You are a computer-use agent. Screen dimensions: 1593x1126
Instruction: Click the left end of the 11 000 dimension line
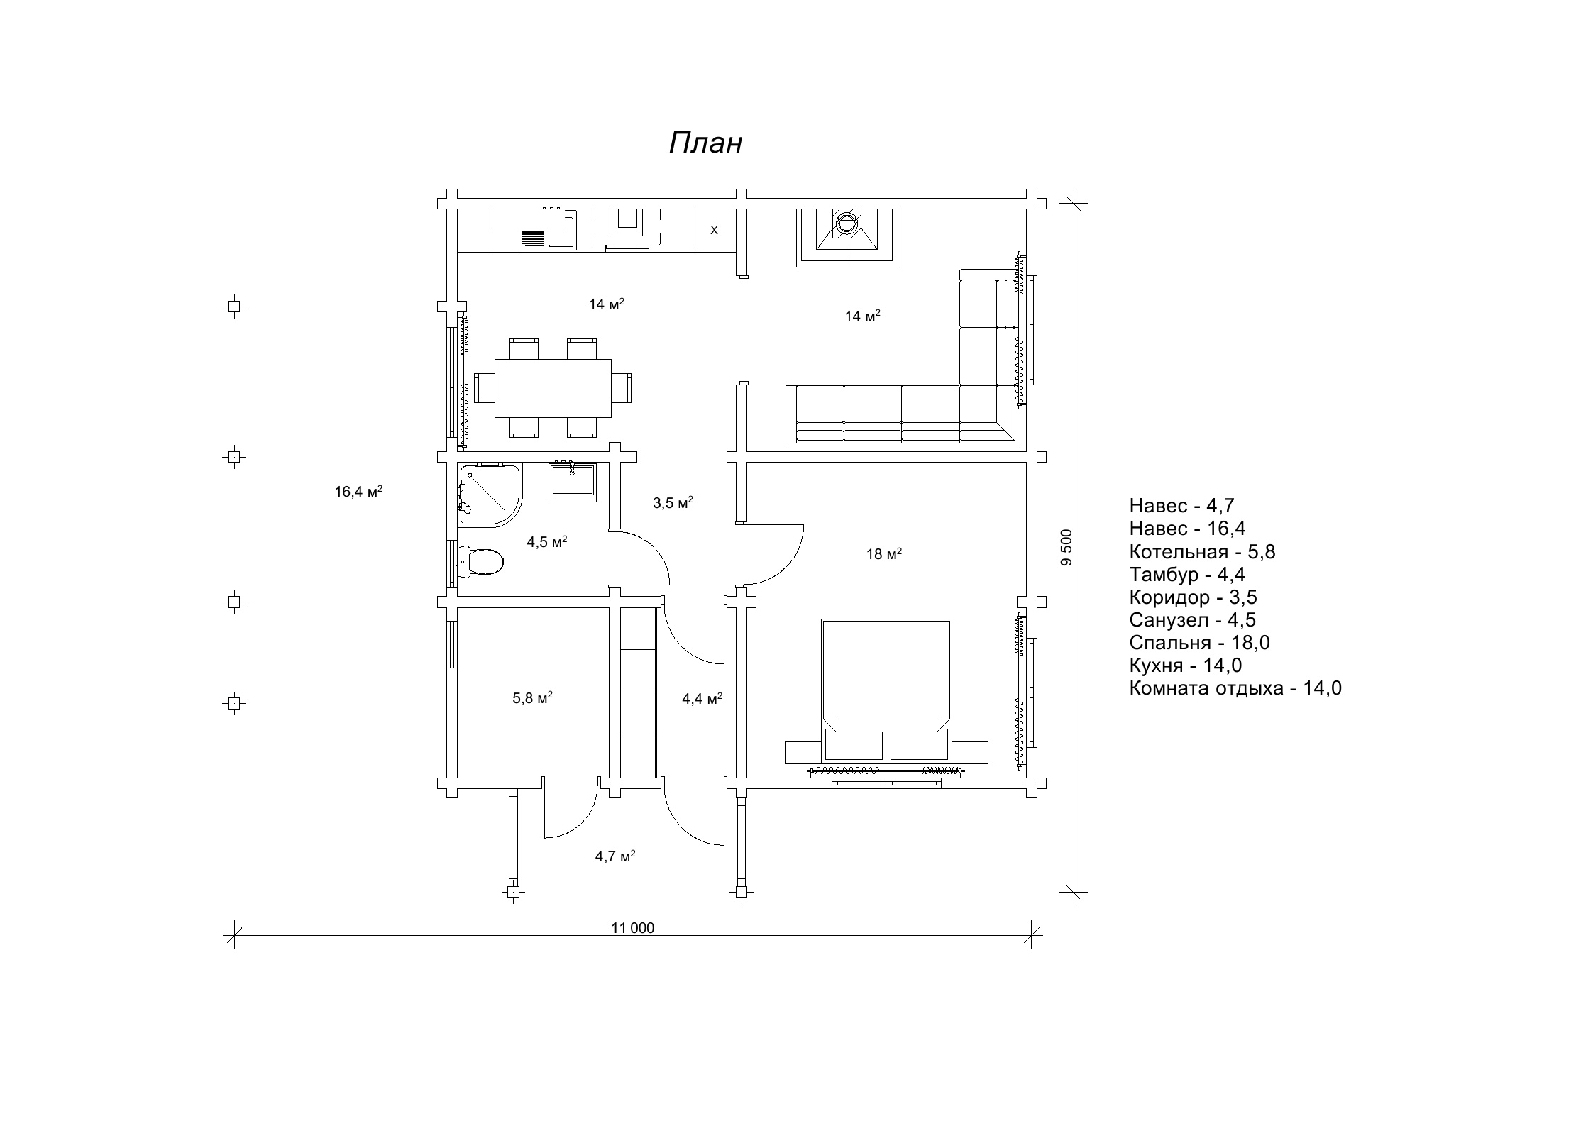click(x=233, y=934)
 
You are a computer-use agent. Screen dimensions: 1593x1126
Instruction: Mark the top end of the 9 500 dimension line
click(x=1074, y=202)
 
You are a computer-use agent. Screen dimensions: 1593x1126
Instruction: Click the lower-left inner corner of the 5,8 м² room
click(x=458, y=777)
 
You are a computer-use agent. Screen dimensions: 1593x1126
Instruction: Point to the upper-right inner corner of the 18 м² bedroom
click(x=1027, y=463)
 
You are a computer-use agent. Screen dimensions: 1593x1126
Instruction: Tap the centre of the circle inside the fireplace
click(x=847, y=223)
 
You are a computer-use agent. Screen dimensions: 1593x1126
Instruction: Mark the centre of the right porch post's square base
click(x=742, y=891)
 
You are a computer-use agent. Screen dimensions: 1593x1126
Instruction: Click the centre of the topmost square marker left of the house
click(x=234, y=307)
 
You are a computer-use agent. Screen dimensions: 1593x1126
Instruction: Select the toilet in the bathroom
click(x=480, y=562)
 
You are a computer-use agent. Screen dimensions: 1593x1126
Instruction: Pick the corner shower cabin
click(x=490, y=495)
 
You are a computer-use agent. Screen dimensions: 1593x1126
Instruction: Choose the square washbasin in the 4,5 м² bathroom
click(x=571, y=481)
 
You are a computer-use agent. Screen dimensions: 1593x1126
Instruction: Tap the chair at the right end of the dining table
click(x=624, y=388)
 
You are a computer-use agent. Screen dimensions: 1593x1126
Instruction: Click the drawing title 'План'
click(x=705, y=143)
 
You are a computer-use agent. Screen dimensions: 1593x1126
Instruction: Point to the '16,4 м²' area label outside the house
click(x=359, y=491)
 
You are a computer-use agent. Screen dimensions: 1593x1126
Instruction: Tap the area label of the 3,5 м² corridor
click(x=673, y=503)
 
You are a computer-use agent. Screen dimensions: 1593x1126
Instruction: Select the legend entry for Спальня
click(x=1199, y=643)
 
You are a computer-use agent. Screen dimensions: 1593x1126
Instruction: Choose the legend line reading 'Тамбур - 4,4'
click(x=1187, y=574)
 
